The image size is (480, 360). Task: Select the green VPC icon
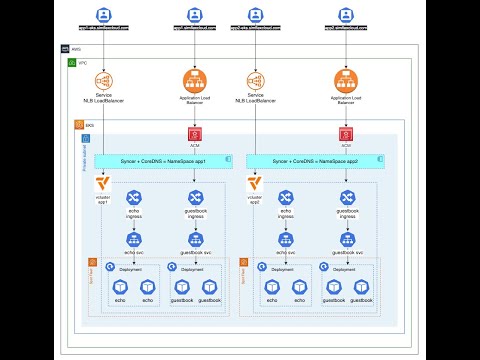click(x=72, y=63)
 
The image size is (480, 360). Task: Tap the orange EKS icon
click(x=78, y=125)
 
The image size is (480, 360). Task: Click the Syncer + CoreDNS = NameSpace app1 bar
click(x=157, y=160)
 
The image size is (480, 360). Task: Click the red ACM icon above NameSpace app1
click(x=196, y=134)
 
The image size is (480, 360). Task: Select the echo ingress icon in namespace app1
click(x=133, y=198)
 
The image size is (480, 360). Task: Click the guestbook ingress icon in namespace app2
click(x=347, y=198)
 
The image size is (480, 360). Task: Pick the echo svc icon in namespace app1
click(x=133, y=239)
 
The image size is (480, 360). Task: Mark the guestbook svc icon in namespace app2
click(x=347, y=239)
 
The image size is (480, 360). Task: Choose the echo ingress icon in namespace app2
click(x=285, y=198)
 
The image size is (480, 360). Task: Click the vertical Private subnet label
click(x=84, y=155)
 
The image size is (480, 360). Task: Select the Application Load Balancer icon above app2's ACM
click(x=347, y=79)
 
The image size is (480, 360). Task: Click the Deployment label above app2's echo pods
click(x=282, y=270)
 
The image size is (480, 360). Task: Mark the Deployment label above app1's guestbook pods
click(x=192, y=270)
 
